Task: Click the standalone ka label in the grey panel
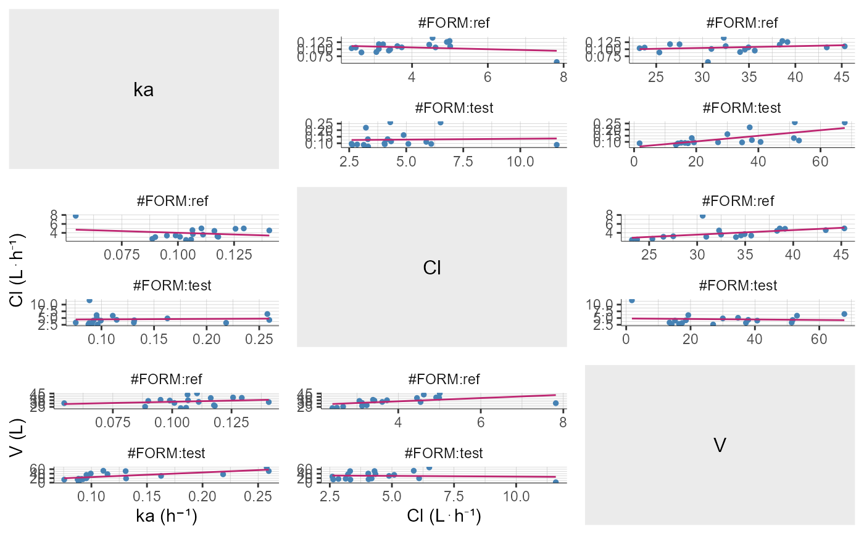pyautogui.click(x=144, y=90)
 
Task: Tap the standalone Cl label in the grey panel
pyautogui.click(x=431, y=268)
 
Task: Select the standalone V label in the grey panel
pyautogui.click(x=719, y=445)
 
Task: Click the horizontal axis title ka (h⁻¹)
pyautogui.click(x=166, y=517)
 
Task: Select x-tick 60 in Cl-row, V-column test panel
pyautogui.click(x=819, y=340)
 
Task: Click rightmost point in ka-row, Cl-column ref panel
pyautogui.click(x=557, y=62)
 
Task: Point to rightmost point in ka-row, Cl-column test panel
pyautogui.click(x=557, y=145)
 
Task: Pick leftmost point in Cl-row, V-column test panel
pyautogui.click(x=631, y=300)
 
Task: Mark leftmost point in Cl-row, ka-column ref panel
pyautogui.click(x=75, y=216)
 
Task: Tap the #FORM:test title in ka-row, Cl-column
pyautogui.click(x=453, y=108)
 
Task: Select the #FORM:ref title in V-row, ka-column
pyautogui.click(x=166, y=379)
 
